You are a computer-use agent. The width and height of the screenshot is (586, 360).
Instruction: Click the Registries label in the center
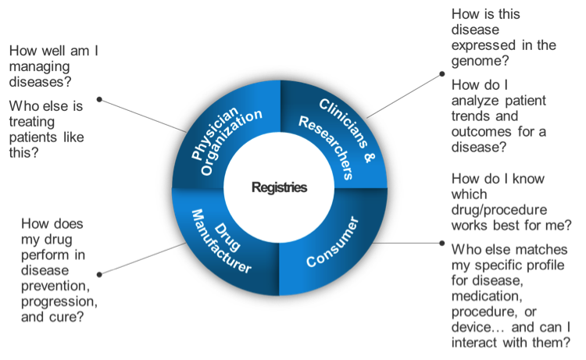coord(279,188)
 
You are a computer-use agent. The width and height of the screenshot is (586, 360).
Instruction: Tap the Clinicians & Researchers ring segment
coord(331,137)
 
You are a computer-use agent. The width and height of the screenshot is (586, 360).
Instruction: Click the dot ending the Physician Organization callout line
coord(99,99)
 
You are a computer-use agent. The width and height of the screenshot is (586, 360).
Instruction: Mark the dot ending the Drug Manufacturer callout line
coord(99,274)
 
